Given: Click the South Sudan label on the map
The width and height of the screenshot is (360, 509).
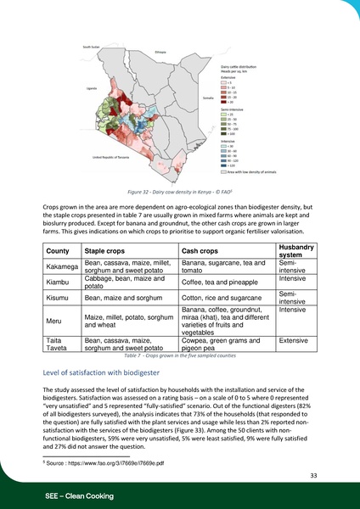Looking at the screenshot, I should tap(91, 48).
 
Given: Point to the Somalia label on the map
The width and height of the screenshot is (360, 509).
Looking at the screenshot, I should tap(208, 98).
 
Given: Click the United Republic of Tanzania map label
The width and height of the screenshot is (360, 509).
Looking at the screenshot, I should tap(110, 157).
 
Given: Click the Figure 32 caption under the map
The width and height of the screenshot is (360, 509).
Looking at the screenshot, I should tap(179, 193).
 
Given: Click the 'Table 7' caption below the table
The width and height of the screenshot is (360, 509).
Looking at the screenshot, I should tap(179, 355).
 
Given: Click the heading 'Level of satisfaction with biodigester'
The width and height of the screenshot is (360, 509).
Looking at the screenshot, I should tap(107, 372).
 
